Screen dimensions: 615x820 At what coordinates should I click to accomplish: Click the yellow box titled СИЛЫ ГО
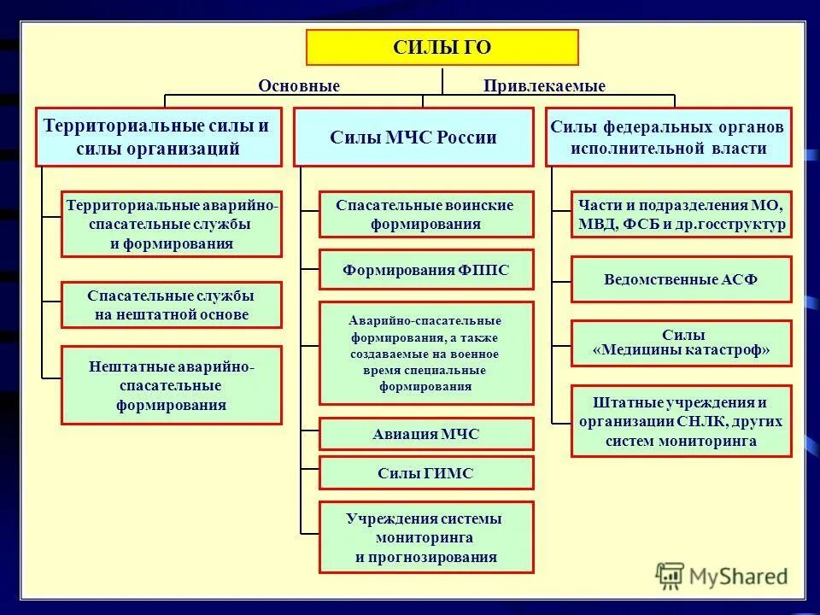(442, 48)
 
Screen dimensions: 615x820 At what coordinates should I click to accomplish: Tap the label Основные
(299, 86)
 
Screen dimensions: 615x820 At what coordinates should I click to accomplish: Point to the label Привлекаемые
(544, 86)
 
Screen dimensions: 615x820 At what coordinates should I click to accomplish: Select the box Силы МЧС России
(413, 137)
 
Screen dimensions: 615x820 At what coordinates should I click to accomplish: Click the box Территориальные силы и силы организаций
(158, 137)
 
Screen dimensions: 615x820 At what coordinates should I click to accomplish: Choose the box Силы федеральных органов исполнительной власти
(668, 137)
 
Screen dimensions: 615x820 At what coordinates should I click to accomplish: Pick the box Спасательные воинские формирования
(425, 214)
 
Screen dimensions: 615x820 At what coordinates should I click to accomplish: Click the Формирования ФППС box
(425, 270)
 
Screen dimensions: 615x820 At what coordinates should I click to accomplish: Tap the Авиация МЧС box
(425, 434)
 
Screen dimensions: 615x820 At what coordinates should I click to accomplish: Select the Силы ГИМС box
(425, 472)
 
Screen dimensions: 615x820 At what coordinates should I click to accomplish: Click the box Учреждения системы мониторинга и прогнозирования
(425, 537)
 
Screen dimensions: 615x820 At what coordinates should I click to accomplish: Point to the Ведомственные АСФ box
(681, 279)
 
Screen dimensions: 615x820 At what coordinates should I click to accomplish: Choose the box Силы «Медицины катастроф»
(681, 343)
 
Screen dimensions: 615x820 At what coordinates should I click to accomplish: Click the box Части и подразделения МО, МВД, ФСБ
(681, 214)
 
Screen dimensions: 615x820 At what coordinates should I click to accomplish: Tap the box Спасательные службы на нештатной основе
(171, 305)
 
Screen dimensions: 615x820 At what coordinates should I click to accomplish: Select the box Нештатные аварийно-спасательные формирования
(171, 385)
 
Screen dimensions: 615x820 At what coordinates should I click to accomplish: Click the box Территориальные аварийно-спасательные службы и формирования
(171, 224)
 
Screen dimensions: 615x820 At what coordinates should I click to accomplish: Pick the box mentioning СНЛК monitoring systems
(681, 421)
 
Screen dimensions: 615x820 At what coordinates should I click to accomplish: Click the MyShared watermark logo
(722, 576)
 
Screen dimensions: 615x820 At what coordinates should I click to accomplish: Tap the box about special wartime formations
(425, 353)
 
